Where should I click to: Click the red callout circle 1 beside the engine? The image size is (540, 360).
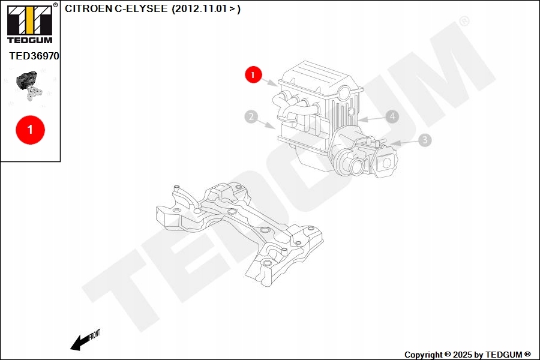pos(253,75)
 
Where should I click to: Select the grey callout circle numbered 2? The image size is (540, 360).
pos(251,117)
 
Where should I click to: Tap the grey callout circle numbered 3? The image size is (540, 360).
pos(424,140)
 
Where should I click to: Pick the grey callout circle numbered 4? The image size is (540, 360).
pos(392,116)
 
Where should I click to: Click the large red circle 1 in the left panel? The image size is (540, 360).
pos(30,129)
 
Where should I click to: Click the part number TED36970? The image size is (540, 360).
pos(34,56)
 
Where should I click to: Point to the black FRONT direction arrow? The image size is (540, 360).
pos(78,343)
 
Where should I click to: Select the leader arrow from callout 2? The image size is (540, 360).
pos(268,124)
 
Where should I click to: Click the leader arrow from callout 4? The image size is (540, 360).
pos(372,119)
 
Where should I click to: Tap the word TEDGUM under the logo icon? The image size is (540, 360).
pos(29,40)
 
